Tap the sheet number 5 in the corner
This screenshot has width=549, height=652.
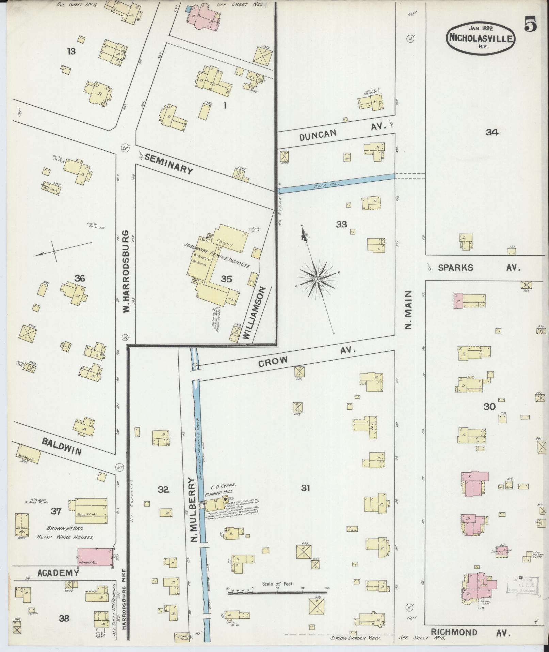coord(531,25)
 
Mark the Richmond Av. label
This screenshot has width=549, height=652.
coord(471,633)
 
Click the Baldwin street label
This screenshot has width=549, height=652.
coord(62,446)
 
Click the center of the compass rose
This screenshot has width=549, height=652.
coord(317,279)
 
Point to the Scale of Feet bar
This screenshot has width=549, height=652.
coord(277,592)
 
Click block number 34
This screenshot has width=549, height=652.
coord(492,132)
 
